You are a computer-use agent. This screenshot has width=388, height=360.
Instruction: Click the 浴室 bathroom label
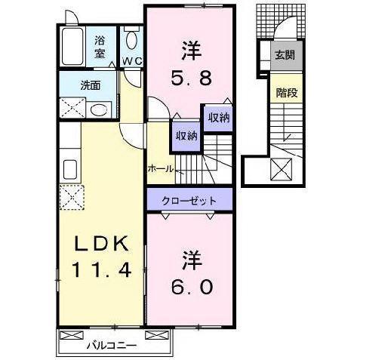100,48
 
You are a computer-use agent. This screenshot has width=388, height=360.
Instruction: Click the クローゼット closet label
189,201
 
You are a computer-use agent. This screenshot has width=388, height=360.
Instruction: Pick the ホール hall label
161,168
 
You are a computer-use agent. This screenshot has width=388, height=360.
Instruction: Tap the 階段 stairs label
285,93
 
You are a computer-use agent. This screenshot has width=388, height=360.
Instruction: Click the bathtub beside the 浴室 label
73,48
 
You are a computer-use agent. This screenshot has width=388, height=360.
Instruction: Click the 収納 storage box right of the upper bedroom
217,118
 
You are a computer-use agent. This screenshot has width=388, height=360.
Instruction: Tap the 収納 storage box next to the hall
186,136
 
